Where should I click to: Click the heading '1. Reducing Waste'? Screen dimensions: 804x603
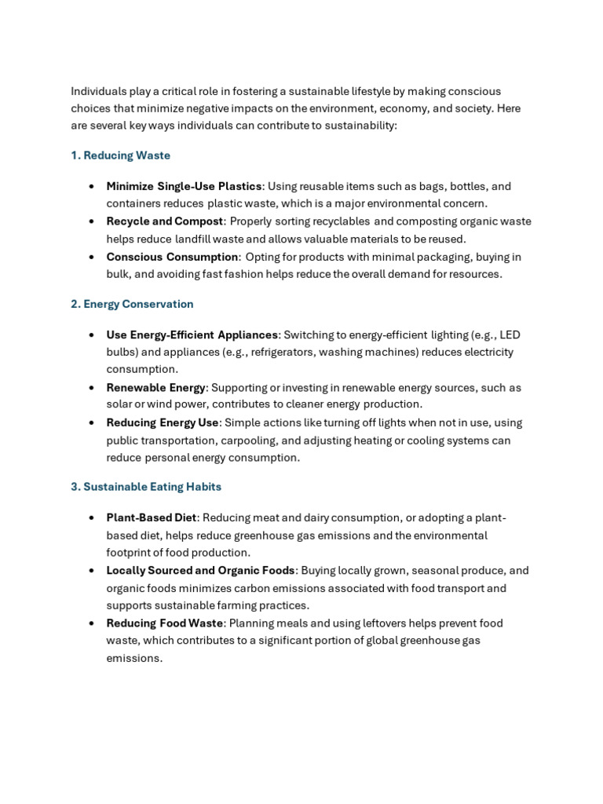tap(120, 155)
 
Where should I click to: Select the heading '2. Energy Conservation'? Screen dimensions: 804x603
tap(132, 304)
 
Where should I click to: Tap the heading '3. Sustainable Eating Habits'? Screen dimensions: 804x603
tap(146, 487)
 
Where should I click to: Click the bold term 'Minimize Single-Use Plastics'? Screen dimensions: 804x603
tap(184, 186)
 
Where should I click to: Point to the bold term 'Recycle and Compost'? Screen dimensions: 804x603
tap(165, 221)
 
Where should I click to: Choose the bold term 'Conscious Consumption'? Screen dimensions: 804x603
tap(173, 257)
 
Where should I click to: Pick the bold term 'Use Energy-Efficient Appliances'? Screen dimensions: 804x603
tap(192, 334)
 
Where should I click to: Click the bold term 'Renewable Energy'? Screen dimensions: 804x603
tap(156, 387)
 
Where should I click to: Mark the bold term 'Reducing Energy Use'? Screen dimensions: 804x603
tap(163, 422)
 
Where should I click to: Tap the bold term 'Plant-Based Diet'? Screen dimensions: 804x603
tap(152, 518)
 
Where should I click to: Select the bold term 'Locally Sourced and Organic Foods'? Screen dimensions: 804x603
tap(200, 571)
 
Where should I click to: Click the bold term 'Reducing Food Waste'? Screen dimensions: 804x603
tap(165, 623)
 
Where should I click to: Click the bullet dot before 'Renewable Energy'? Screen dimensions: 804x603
tap(92, 387)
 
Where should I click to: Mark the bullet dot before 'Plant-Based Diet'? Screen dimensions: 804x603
tap(92, 518)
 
